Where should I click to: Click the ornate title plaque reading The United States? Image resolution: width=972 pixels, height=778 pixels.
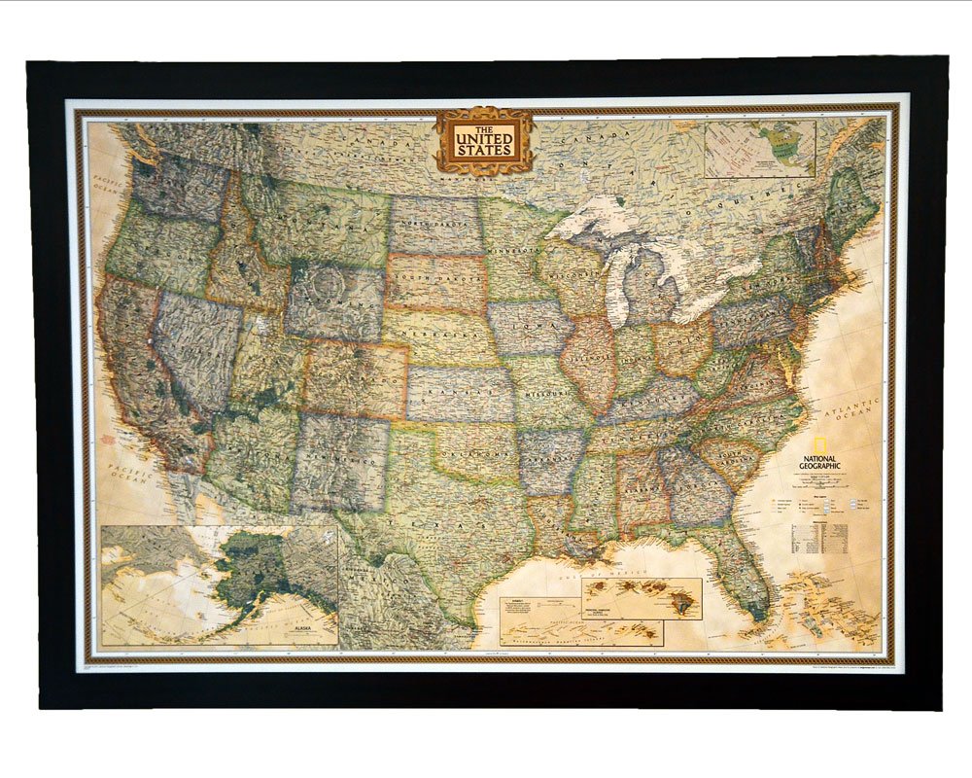[x=484, y=141]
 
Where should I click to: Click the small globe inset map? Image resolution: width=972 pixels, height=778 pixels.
[x=759, y=149]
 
